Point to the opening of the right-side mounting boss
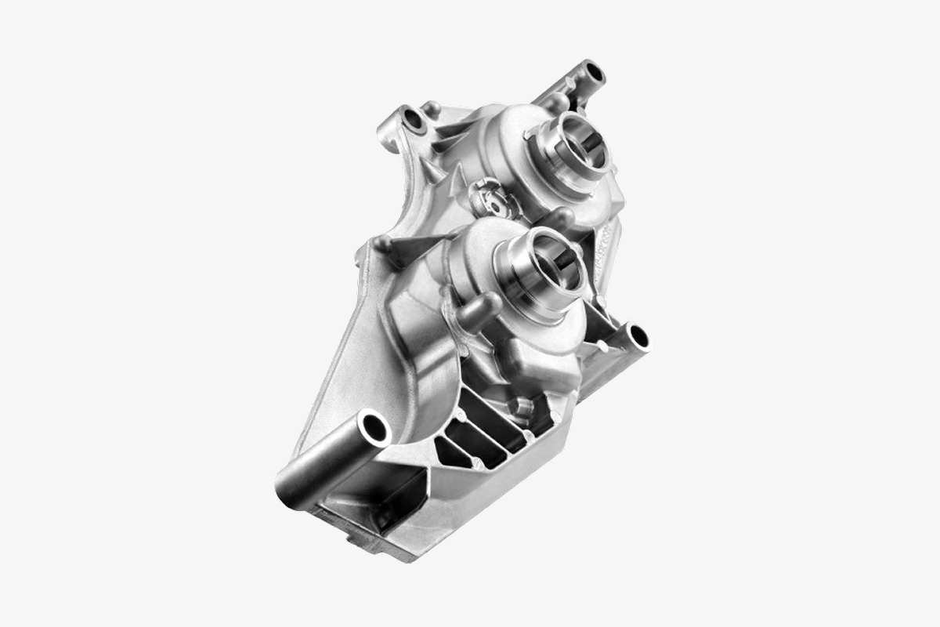click(x=638, y=338)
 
